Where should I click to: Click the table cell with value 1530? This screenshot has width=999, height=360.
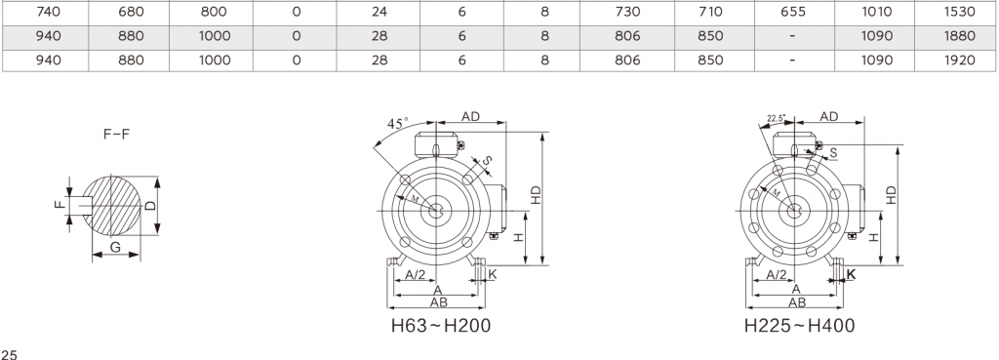click(x=956, y=12)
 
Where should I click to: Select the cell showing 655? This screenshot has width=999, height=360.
click(x=794, y=12)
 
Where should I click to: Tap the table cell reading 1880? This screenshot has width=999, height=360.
click(x=956, y=36)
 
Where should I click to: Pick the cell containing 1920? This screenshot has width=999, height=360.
click(x=956, y=60)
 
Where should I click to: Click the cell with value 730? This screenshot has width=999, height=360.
click(x=627, y=12)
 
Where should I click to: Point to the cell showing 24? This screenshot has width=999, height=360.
click(x=379, y=12)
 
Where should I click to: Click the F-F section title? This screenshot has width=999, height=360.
click(x=117, y=135)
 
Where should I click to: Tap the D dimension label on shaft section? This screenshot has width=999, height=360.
click(x=149, y=206)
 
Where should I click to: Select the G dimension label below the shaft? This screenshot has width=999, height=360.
click(x=115, y=247)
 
